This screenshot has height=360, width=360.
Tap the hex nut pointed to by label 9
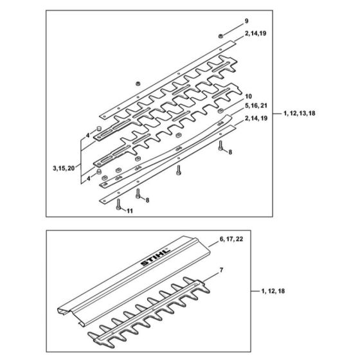coord(221,34)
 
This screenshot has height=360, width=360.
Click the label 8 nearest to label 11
coord(146,201)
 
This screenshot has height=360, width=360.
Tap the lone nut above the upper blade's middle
coord(138,83)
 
